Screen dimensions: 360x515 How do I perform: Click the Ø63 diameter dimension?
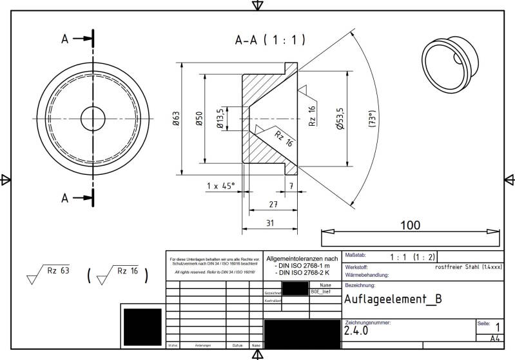pyautogui.click(x=176, y=119)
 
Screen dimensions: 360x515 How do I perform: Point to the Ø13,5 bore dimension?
pyautogui.click(x=220, y=118)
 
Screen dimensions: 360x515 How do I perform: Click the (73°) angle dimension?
pyautogui.click(x=372, y=119)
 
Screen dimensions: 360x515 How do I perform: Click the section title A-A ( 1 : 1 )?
pyautogui.click(x=269, y=41)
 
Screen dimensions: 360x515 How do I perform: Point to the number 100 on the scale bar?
pyautogui.click(x=409, y=225)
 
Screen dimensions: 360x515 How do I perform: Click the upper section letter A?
pyautogui.click(x=64, y=39)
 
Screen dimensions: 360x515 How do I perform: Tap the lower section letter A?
pyautogui.click(x=64, y=198)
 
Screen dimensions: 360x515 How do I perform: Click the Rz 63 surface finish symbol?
pyautogui.click(x=49, y=275)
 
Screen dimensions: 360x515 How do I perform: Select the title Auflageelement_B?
pyautogui.click(x=393, y=299)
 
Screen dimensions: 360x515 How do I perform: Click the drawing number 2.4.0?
pyautogui.click(x=356, y=330)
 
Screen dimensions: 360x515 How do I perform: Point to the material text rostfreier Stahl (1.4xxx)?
pyautogui.click(x=469, y=266)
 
